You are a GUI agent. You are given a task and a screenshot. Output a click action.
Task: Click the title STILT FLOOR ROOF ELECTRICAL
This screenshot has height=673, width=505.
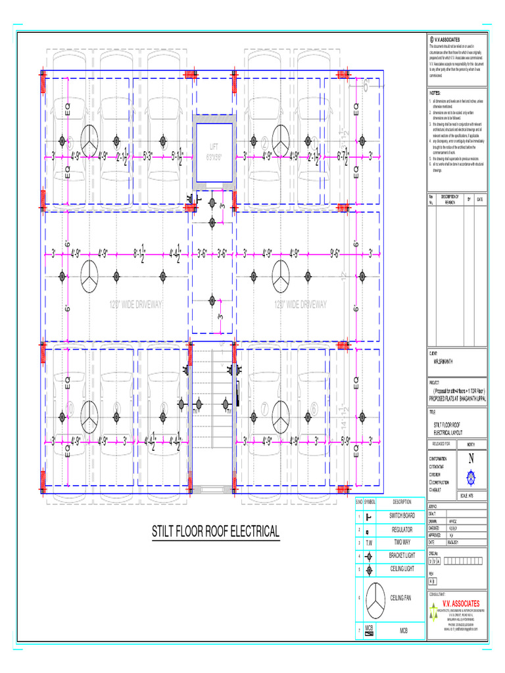[x=216, y=531]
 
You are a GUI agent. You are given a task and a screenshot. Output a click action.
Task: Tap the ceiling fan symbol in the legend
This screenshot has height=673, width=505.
[x=375, y=597]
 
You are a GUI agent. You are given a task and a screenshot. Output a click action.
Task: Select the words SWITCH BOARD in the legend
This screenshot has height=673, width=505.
[x=402, y=516]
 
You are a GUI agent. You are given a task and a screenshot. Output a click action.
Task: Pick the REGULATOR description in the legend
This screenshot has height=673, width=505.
[x=402, y=530]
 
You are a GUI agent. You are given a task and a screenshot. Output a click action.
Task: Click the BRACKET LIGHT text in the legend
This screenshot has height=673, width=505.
[x=402, y=556]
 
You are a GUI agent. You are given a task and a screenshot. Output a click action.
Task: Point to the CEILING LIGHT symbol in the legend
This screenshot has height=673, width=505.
[x=370, y=569]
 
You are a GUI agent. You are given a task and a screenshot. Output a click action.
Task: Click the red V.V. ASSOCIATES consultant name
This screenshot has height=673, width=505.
[x=460, y=603]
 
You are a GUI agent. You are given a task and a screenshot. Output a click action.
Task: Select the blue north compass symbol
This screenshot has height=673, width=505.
[x=470, y=475]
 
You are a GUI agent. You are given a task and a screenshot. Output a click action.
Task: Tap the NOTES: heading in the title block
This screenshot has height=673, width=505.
[x=435, y=94]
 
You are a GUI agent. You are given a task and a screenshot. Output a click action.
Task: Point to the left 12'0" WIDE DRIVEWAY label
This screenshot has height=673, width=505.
[x=135, y=304]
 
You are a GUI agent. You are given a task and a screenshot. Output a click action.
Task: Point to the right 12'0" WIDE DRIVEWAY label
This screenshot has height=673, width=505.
[x=301, y=304]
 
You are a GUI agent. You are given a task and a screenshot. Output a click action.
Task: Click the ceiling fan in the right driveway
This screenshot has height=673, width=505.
[x=281, y=275]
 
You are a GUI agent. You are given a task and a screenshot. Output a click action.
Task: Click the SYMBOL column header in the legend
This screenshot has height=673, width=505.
[x=370, y=501]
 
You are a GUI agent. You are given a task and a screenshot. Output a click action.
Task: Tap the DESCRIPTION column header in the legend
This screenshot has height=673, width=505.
[x=402, y=501]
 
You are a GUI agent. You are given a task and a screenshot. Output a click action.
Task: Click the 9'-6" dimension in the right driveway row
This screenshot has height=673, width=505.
[x=334, y=252]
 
